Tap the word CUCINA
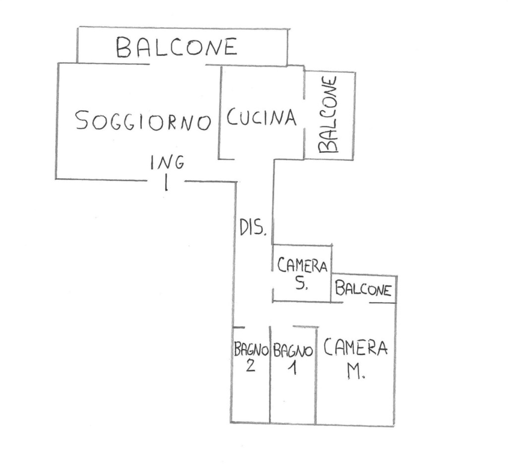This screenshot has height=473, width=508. (x=261, y=118)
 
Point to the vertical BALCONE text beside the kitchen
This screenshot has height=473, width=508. (x=328, y=115)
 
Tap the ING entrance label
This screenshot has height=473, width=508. (x=167, y=162)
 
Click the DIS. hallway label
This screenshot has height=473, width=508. (x=254, y=228)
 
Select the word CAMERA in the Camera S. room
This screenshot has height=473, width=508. (x=302, y=267)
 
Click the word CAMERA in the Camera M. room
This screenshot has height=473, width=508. (x=355, y=348)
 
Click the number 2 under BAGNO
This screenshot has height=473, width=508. (x=251, y=367)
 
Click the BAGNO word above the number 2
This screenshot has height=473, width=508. (x=251, y=350)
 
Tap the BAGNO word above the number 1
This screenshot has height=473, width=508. (x=293, y=351)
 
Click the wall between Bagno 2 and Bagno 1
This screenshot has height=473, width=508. (x=270, y=387)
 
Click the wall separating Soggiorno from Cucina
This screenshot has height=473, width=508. (x=220, y=114)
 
